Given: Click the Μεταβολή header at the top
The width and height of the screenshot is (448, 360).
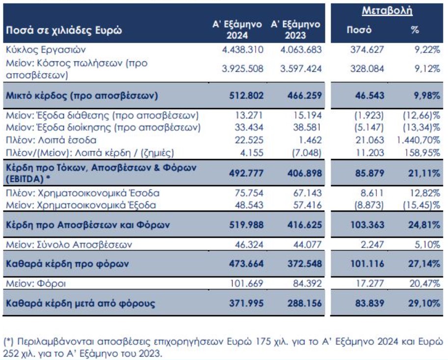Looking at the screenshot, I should [x=387, y=10].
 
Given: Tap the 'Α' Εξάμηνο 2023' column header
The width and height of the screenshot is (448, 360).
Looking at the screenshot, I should [x=295, y=29].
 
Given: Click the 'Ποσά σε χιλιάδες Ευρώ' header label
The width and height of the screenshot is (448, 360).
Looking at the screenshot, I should [x=64, y=30].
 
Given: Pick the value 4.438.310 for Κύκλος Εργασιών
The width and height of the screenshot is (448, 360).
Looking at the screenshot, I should [x=242, y=50].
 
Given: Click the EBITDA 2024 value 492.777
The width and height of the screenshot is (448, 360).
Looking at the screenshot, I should [x=246, y=172].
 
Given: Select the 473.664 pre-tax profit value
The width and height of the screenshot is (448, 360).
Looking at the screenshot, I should [x=246, y=264].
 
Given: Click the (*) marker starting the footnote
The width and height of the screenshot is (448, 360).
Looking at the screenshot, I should [x=9, y=341].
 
